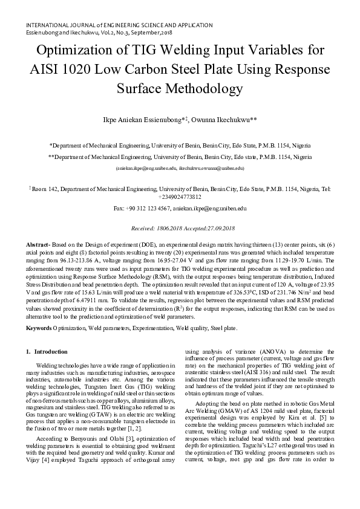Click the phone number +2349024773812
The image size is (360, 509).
click(x=180, y=197)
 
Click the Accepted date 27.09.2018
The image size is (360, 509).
click(x=216, y=228)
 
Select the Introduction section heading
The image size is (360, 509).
click(x=51, y=351)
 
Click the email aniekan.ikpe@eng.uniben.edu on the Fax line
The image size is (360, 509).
click(x=209, y=208)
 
